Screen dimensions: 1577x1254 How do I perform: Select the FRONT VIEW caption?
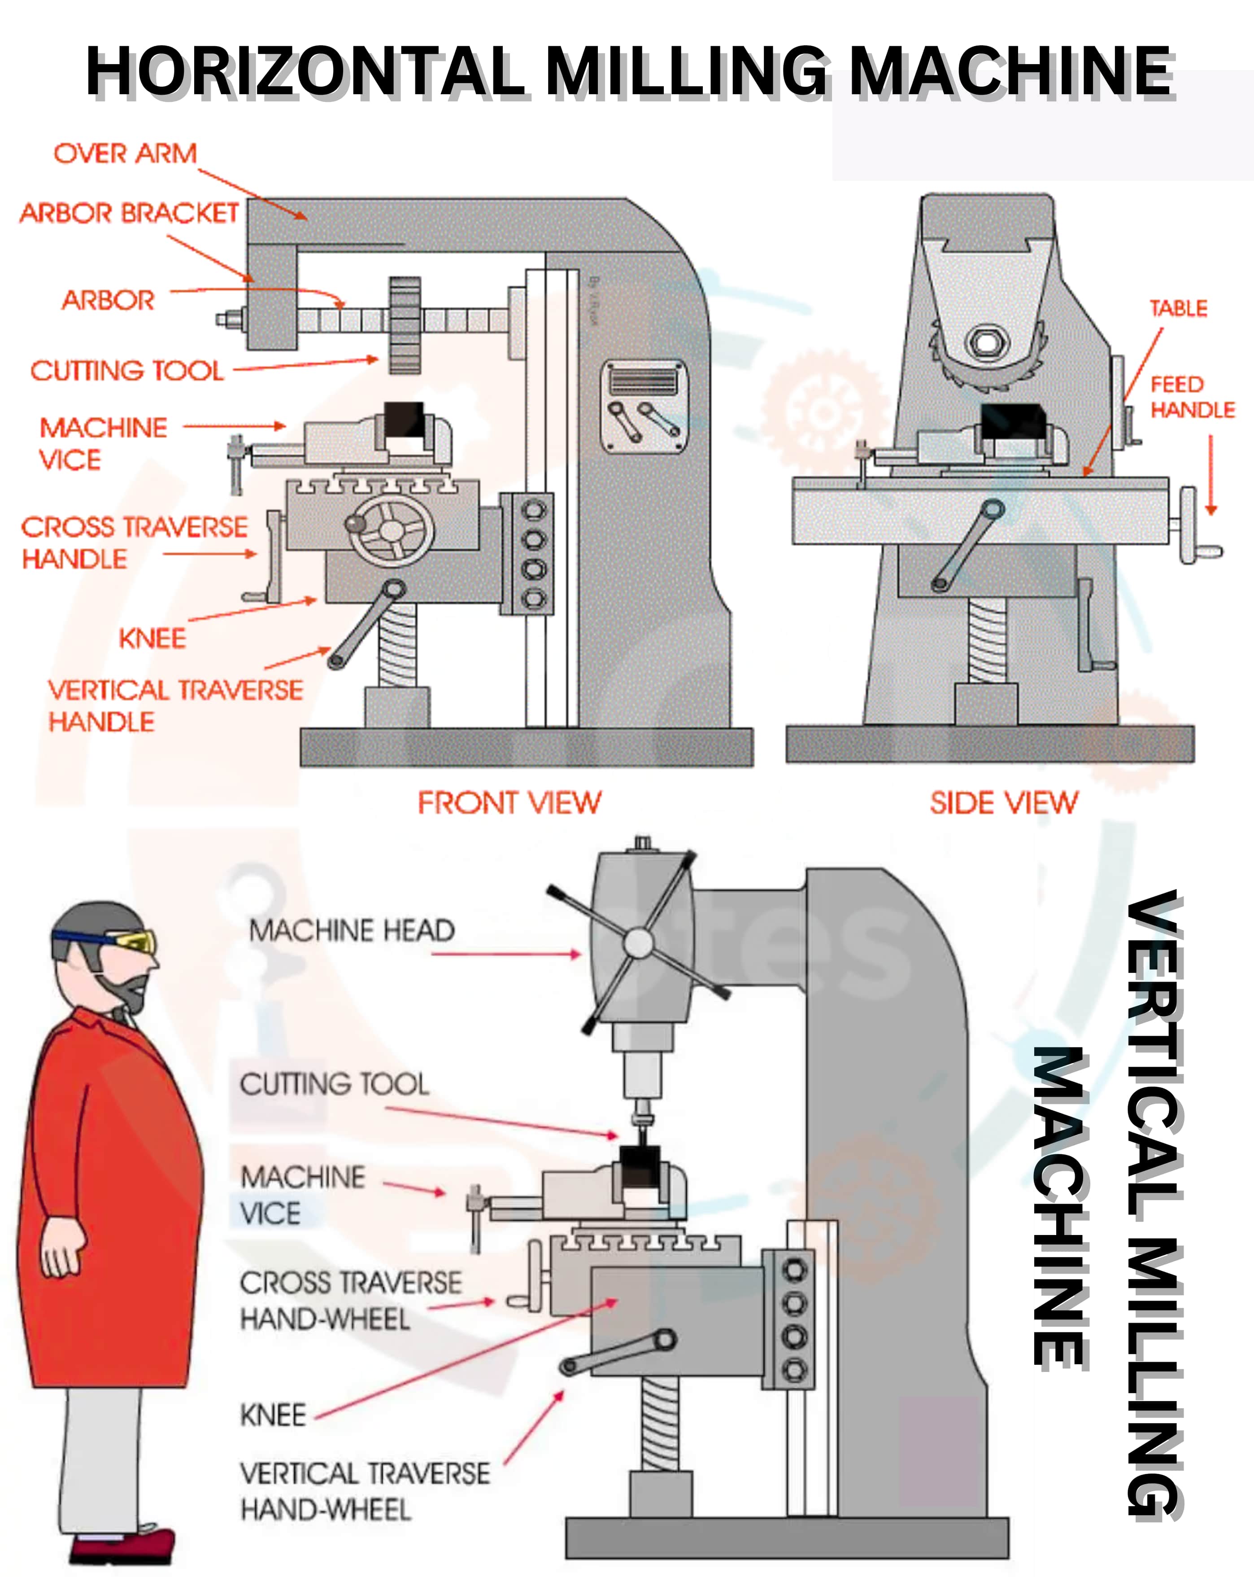509,802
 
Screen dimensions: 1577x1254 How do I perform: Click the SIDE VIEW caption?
1003,802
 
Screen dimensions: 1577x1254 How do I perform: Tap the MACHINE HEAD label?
352,930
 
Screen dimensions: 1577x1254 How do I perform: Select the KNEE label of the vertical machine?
273,1415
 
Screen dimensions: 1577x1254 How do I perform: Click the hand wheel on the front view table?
389,530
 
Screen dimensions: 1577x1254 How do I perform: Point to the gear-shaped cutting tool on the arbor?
405,325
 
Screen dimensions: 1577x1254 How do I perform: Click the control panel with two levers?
644,407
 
